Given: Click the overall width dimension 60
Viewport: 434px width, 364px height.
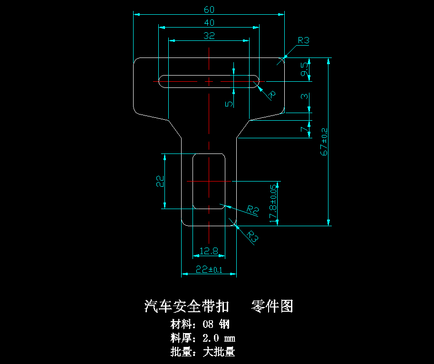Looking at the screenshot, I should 209,10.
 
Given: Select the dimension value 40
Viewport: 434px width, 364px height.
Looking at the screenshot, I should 209,22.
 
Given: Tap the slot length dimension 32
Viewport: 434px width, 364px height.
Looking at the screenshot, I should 209,35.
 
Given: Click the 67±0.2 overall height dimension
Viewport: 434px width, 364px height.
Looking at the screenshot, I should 324,142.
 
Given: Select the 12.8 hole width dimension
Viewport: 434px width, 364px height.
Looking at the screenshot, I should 209,251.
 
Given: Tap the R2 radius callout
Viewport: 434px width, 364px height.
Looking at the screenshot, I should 252,209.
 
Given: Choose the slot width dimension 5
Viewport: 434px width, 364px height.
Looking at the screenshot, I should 229,103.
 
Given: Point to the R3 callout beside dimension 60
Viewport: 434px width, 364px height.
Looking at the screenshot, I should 303,41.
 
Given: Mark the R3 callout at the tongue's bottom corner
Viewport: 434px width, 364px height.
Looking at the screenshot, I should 253,237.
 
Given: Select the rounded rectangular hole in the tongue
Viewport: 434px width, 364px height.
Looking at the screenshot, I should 208,181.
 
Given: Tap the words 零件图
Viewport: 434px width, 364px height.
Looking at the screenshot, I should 271,306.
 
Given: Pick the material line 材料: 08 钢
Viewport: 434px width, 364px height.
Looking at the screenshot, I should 200,325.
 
